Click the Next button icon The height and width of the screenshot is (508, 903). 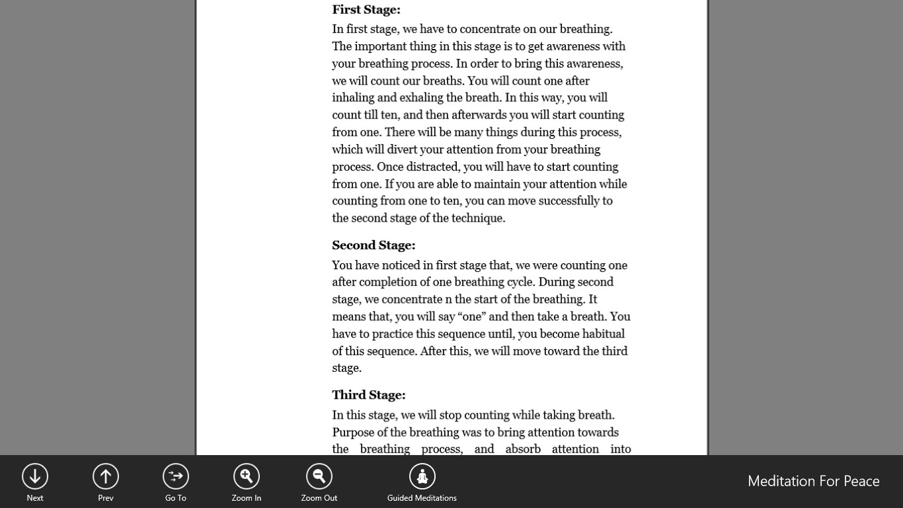pyautogui.click(x=35, y=476)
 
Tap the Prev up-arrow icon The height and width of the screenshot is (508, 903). pyautogui.click(x=106, y=476)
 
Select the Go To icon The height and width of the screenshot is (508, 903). pyautogui.click(x=176, y=476)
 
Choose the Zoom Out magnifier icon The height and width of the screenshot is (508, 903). pyautogui.click(x=319, y=476)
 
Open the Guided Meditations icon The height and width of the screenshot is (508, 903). pyautogui.click(x=422, y=476)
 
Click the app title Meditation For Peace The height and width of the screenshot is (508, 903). pyautogui.click(x=813, y=481)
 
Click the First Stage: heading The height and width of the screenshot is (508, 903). pyautogui.click(x=366, y=10)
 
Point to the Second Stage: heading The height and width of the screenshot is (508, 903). pyautogui.click(x=373, y=245)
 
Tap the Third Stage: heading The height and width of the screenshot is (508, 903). pyautogui.click(x=369, y=395)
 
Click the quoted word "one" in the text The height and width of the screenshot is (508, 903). pyautogui.click(x=472, y=316)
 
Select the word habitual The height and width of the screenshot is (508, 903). pyautogui.click(x=604, y=334)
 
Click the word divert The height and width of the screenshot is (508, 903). pyautogui.click(x=403, y=149)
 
